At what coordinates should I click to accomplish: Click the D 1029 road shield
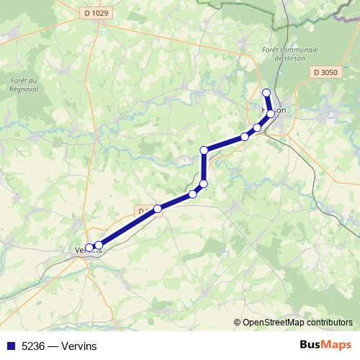coord(91,13)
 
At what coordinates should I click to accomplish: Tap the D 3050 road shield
coord(326,73)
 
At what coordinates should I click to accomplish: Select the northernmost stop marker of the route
coord(266,92)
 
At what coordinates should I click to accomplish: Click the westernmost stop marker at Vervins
coord(90,248)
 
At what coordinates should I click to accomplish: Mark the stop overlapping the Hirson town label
coord(271,114)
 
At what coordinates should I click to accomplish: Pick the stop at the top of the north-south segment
coord(204,150)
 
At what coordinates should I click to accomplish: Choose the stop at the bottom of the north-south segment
coord(204,184)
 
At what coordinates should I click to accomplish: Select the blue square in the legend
coord(9,346)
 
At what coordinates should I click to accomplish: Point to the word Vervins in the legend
coord(79,346)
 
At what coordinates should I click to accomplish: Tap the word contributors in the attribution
coord(330,323)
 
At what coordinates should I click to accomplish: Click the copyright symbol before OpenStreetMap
coord(238,323)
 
